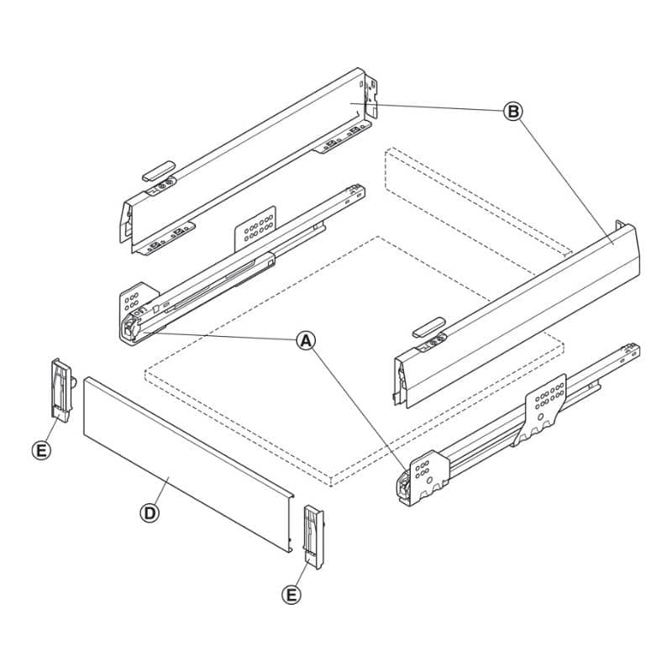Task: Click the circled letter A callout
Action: (306, 341)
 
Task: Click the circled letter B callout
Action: (512, 112)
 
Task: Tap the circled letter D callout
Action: (150, 513)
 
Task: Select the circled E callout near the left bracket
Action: (41, 450)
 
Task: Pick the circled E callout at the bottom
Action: (291, 595)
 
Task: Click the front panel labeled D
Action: (188, 465)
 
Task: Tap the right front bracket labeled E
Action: (314, 537)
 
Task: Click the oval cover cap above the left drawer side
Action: (159, 171)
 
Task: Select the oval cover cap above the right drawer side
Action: (428, 327)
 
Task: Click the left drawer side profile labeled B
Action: (246, 160)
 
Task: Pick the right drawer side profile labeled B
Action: (517, 316)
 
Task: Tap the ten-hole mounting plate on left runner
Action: (255, 228)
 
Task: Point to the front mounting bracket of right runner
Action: (429, 475)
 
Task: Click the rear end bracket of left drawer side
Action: (370, 97)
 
